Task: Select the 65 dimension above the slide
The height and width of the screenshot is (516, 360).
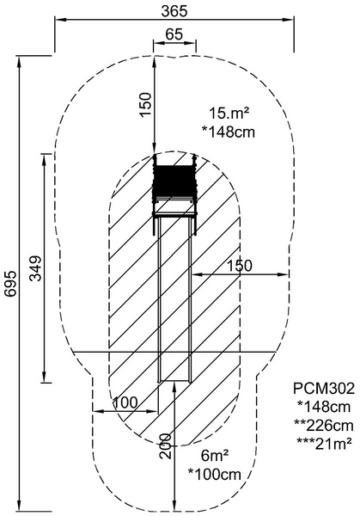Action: [x=174, y=34]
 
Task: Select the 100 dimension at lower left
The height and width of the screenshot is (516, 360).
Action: [x=125, y=402]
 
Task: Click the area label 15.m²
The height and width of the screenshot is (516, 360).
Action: [x=228, y=112]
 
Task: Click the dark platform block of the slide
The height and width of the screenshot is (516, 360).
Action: [x=174, y=181]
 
